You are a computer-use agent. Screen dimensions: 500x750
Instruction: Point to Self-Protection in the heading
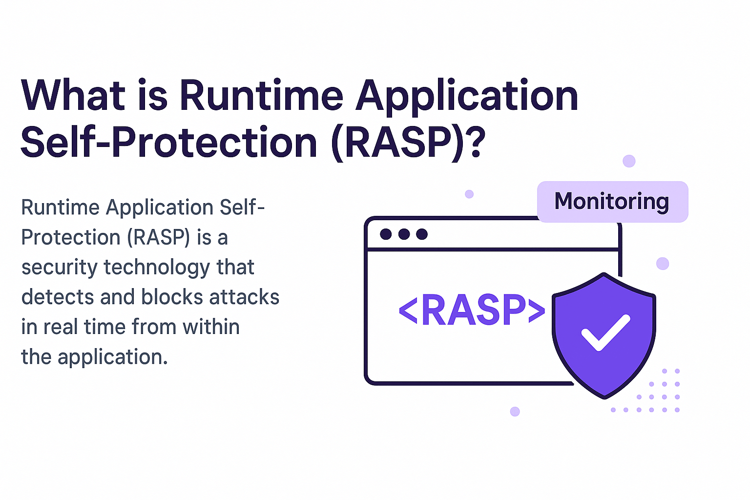coord(169,143)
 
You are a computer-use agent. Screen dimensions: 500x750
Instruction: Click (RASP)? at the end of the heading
coord(408,143)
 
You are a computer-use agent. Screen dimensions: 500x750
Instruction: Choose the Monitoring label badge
coord(612,202)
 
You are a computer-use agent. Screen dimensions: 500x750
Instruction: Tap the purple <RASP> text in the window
coord(472,311)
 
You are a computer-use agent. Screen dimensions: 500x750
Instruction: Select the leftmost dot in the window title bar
coord(386,234)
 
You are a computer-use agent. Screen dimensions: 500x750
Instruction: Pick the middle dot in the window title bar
coord(404,234)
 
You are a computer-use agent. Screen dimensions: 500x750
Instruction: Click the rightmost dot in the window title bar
coord(422,234)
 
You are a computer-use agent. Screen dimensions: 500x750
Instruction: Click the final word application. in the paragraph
coord(113,357)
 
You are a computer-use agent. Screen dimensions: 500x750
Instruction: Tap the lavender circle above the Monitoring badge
coord(629,161)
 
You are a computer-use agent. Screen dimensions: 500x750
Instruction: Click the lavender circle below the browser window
coord(515,411)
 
